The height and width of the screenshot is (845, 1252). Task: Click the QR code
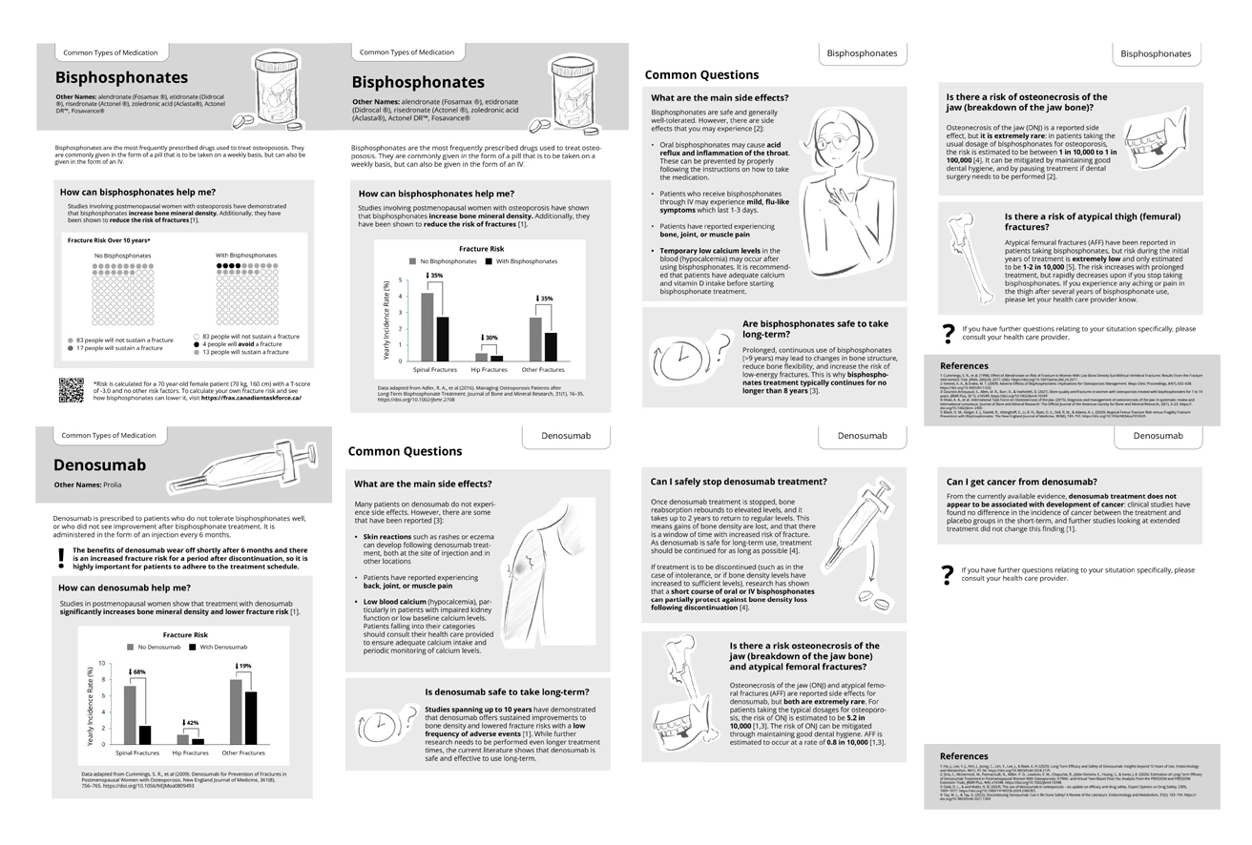point(71,390)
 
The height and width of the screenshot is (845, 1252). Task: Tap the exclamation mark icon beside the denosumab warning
point(61,556)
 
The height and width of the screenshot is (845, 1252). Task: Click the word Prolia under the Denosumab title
point(112,485)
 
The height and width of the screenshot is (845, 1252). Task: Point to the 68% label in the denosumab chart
point(139,672)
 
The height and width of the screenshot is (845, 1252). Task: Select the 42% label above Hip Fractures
point(192,724)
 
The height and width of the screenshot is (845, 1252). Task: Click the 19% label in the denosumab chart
point(245,666)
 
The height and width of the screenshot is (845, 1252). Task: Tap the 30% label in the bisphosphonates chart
point(490,338)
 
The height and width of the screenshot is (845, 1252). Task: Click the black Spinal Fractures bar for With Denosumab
point(145,734)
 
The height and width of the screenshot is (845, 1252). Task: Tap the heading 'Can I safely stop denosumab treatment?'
point(739,482)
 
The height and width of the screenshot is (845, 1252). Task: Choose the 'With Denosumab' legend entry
point(219,648)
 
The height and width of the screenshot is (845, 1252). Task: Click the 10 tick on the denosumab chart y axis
point(102,663)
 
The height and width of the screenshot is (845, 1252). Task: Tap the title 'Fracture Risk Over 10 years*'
point(109,241)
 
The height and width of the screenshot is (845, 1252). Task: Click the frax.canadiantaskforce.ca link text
point(257,398)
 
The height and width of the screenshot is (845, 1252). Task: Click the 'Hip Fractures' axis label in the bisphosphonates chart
point(489,370)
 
